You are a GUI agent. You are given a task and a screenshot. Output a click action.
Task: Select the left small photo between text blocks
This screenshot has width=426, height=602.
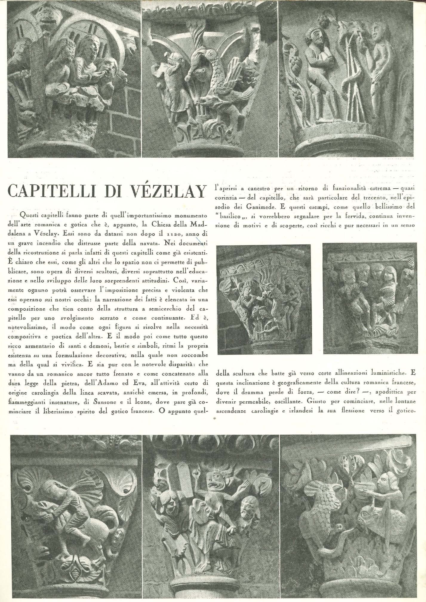coord(264,299)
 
